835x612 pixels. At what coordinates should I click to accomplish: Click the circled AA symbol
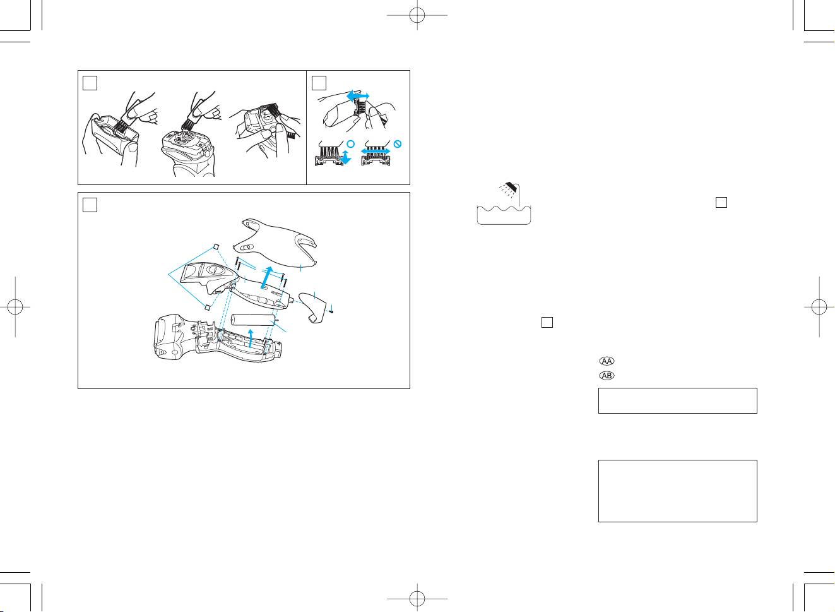(x=607, y=361)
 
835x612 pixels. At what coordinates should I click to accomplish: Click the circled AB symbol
(x=607, y=376)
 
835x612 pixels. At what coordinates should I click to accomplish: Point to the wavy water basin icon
(x=504, y=215)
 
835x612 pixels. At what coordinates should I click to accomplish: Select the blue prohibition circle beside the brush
(x=398, y=144)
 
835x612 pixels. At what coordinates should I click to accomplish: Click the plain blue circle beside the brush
(x=350, y=144)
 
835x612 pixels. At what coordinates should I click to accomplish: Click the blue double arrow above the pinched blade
(x=358, y=96)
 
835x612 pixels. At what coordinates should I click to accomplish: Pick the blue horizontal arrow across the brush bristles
(x=376, y=152)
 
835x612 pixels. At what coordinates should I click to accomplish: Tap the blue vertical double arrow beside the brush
(x=346, y=157)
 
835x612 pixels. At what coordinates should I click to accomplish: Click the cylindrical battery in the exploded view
(x=254, y=320)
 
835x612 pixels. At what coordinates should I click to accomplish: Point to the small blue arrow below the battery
(x=251, y=339)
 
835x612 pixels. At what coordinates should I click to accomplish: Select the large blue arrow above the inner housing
(x=266, y=278)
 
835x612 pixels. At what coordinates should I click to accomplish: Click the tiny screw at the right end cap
(x=331, y=311)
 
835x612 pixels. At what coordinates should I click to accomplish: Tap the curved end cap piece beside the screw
(x=312, y=306)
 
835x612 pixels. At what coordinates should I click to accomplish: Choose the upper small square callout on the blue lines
(x=216, y=246)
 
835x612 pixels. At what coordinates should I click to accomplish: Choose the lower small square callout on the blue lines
(x=207, y=308)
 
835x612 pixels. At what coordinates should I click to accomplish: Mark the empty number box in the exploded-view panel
(x=90, y=205)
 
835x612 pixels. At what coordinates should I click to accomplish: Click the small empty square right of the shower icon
(x=721, y=202)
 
